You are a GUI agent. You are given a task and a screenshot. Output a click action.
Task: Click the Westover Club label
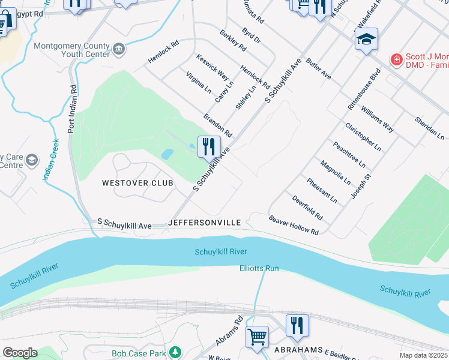[x=137, y=183]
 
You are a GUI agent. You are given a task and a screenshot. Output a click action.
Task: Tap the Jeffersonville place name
[x=205, y=223]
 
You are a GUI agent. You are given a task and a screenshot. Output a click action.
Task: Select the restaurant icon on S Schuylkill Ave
[x=209, y=147]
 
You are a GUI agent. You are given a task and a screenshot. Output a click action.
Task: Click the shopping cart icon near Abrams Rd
[x=257, y=336]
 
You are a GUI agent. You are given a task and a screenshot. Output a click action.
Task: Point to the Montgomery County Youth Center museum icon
[x=119, y=48]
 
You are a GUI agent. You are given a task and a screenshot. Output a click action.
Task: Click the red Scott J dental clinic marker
[x=396, y=59]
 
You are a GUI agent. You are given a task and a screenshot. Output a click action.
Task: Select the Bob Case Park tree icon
[x=175, y=352]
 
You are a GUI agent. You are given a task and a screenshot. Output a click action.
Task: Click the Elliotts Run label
[x=259, y=268]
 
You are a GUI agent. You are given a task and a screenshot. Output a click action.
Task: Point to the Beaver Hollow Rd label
[x=294, y=225]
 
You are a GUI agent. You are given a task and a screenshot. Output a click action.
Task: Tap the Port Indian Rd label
[x=73, y=109]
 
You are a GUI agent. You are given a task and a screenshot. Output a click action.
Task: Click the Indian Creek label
[x=50, y=160]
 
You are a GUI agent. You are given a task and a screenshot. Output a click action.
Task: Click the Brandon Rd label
[x=217, y=124]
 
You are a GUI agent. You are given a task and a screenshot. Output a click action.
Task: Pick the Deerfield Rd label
[x=307, y=207]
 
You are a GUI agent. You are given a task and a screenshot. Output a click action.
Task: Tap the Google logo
[x=20, y=353]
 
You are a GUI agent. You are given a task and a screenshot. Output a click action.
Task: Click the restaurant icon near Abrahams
[x=297, y=326]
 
